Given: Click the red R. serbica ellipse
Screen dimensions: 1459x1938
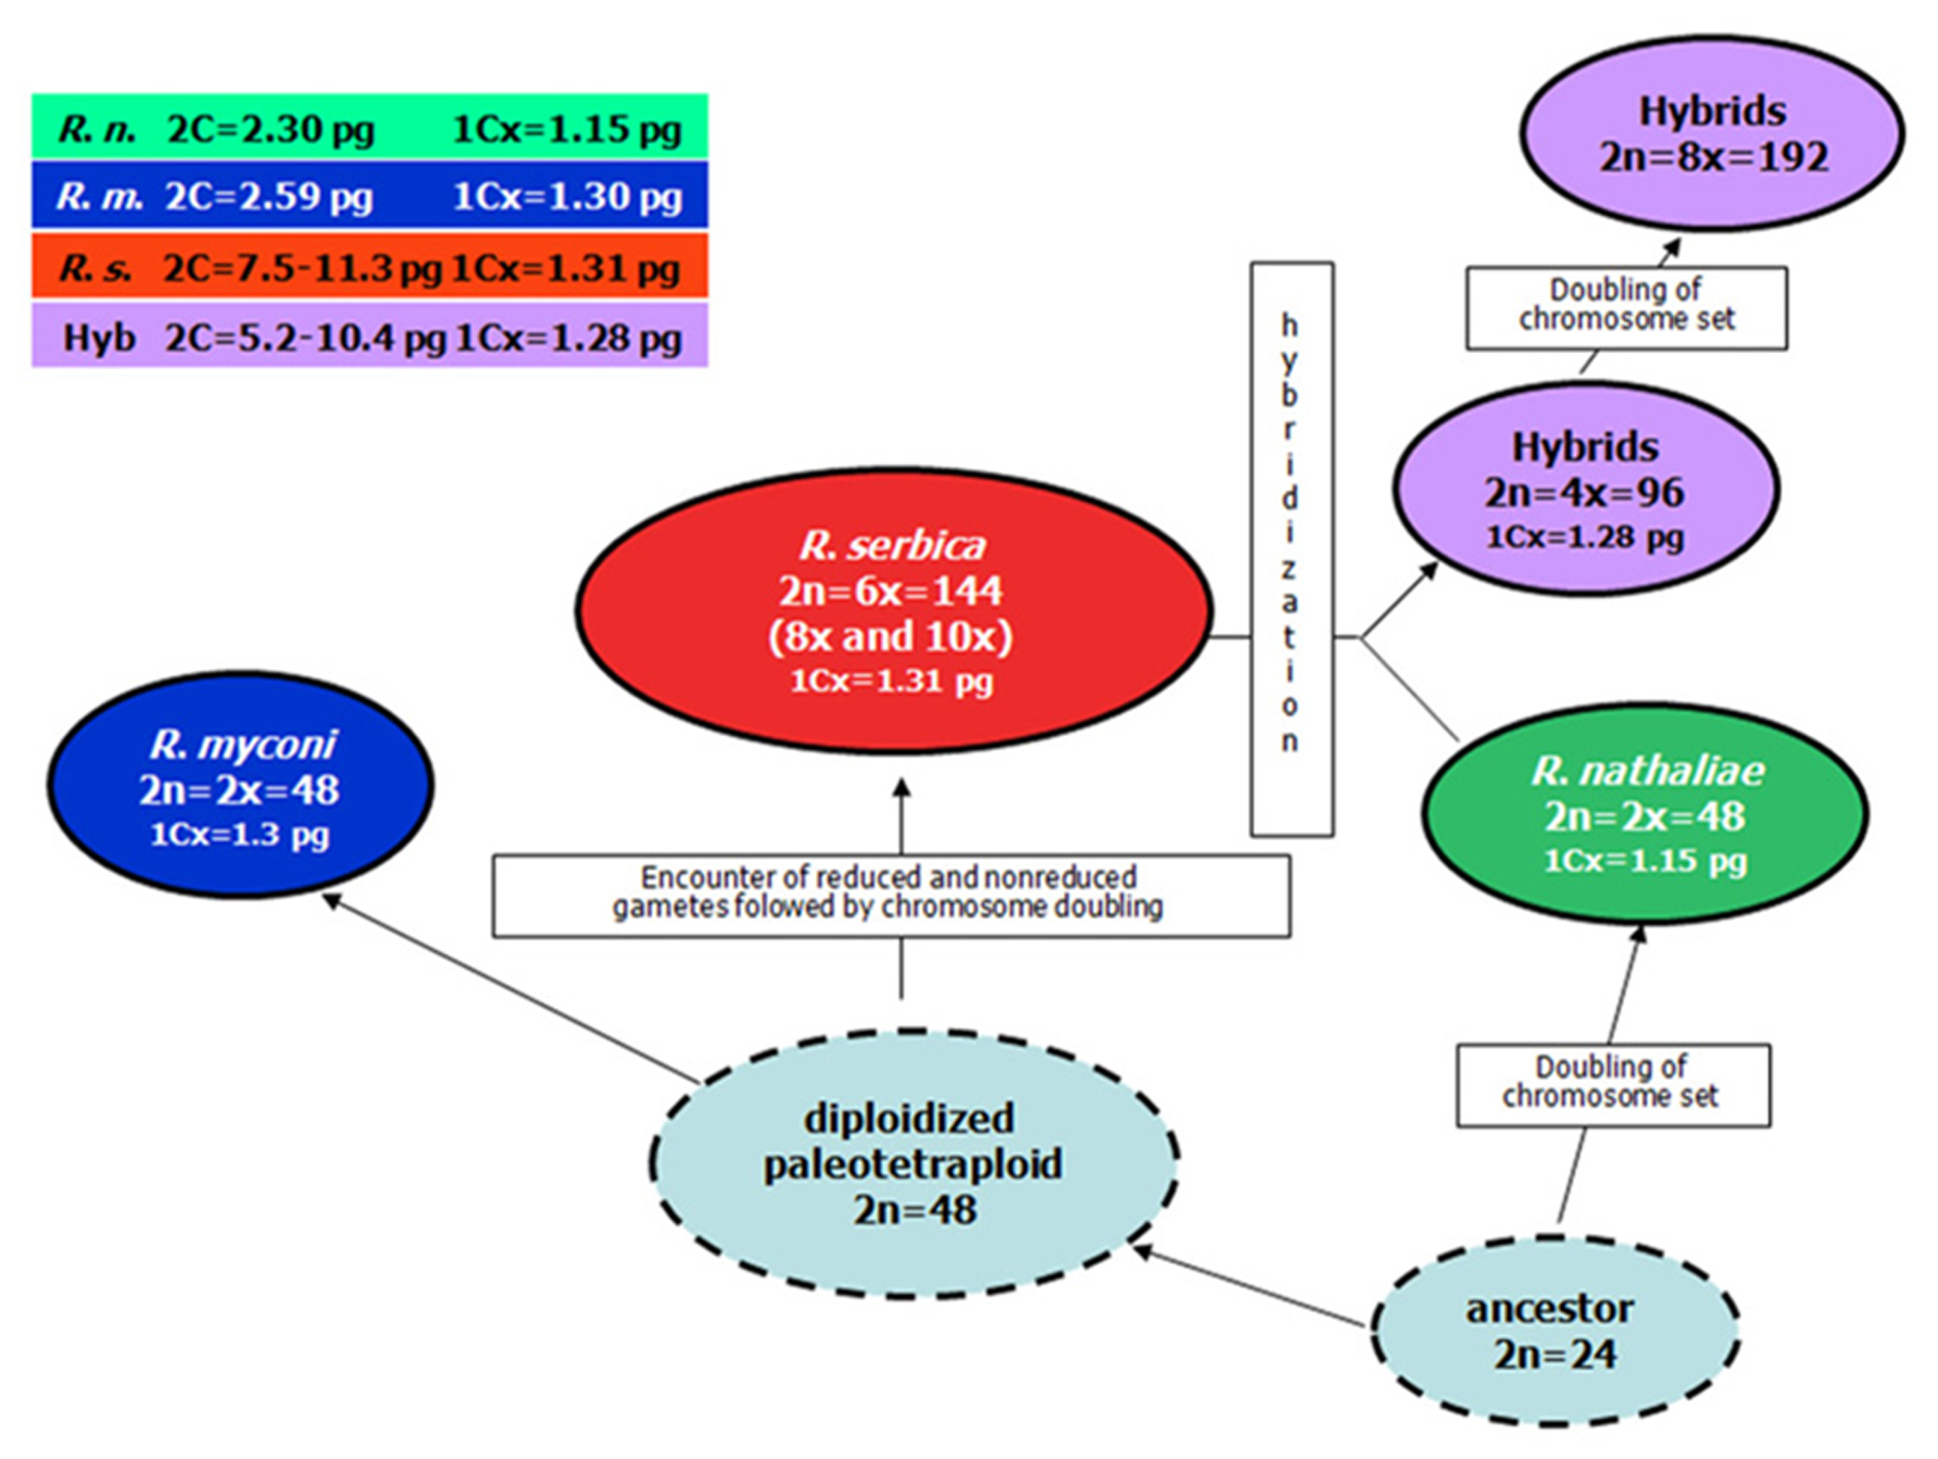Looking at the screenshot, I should click(892, 610).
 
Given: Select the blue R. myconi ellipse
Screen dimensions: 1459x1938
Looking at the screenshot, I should click(240, 785).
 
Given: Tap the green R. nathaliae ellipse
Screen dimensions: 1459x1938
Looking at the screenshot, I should click(1645, 813).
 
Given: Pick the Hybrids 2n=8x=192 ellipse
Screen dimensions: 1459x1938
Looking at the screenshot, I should click(1712, 133).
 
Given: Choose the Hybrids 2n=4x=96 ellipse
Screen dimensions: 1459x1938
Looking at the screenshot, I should click(1585, 489).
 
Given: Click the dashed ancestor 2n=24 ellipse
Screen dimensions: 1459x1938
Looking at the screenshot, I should click(1553, 1330).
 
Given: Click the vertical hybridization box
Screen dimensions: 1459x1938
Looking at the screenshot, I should click(1291, 550).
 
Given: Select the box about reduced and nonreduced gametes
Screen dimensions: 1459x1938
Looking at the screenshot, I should click(890, 894).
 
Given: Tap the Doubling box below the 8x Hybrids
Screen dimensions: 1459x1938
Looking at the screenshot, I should click(1626, 307).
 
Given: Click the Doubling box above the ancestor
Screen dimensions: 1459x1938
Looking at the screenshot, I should click(1612, 1084).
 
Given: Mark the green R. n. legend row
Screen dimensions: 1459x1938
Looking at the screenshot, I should click(369, 128).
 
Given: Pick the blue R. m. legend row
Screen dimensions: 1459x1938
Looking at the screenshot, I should click(369, 196).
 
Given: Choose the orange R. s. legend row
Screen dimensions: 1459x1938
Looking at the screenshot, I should click(369, 267).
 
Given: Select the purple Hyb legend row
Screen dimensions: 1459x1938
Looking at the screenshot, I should click(369, 336).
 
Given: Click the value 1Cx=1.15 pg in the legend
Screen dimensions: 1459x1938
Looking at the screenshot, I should click(566, 129).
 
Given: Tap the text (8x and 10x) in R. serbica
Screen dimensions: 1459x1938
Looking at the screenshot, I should click(890, 637).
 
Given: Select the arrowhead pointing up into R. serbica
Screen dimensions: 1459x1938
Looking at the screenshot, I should click(901, 788).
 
